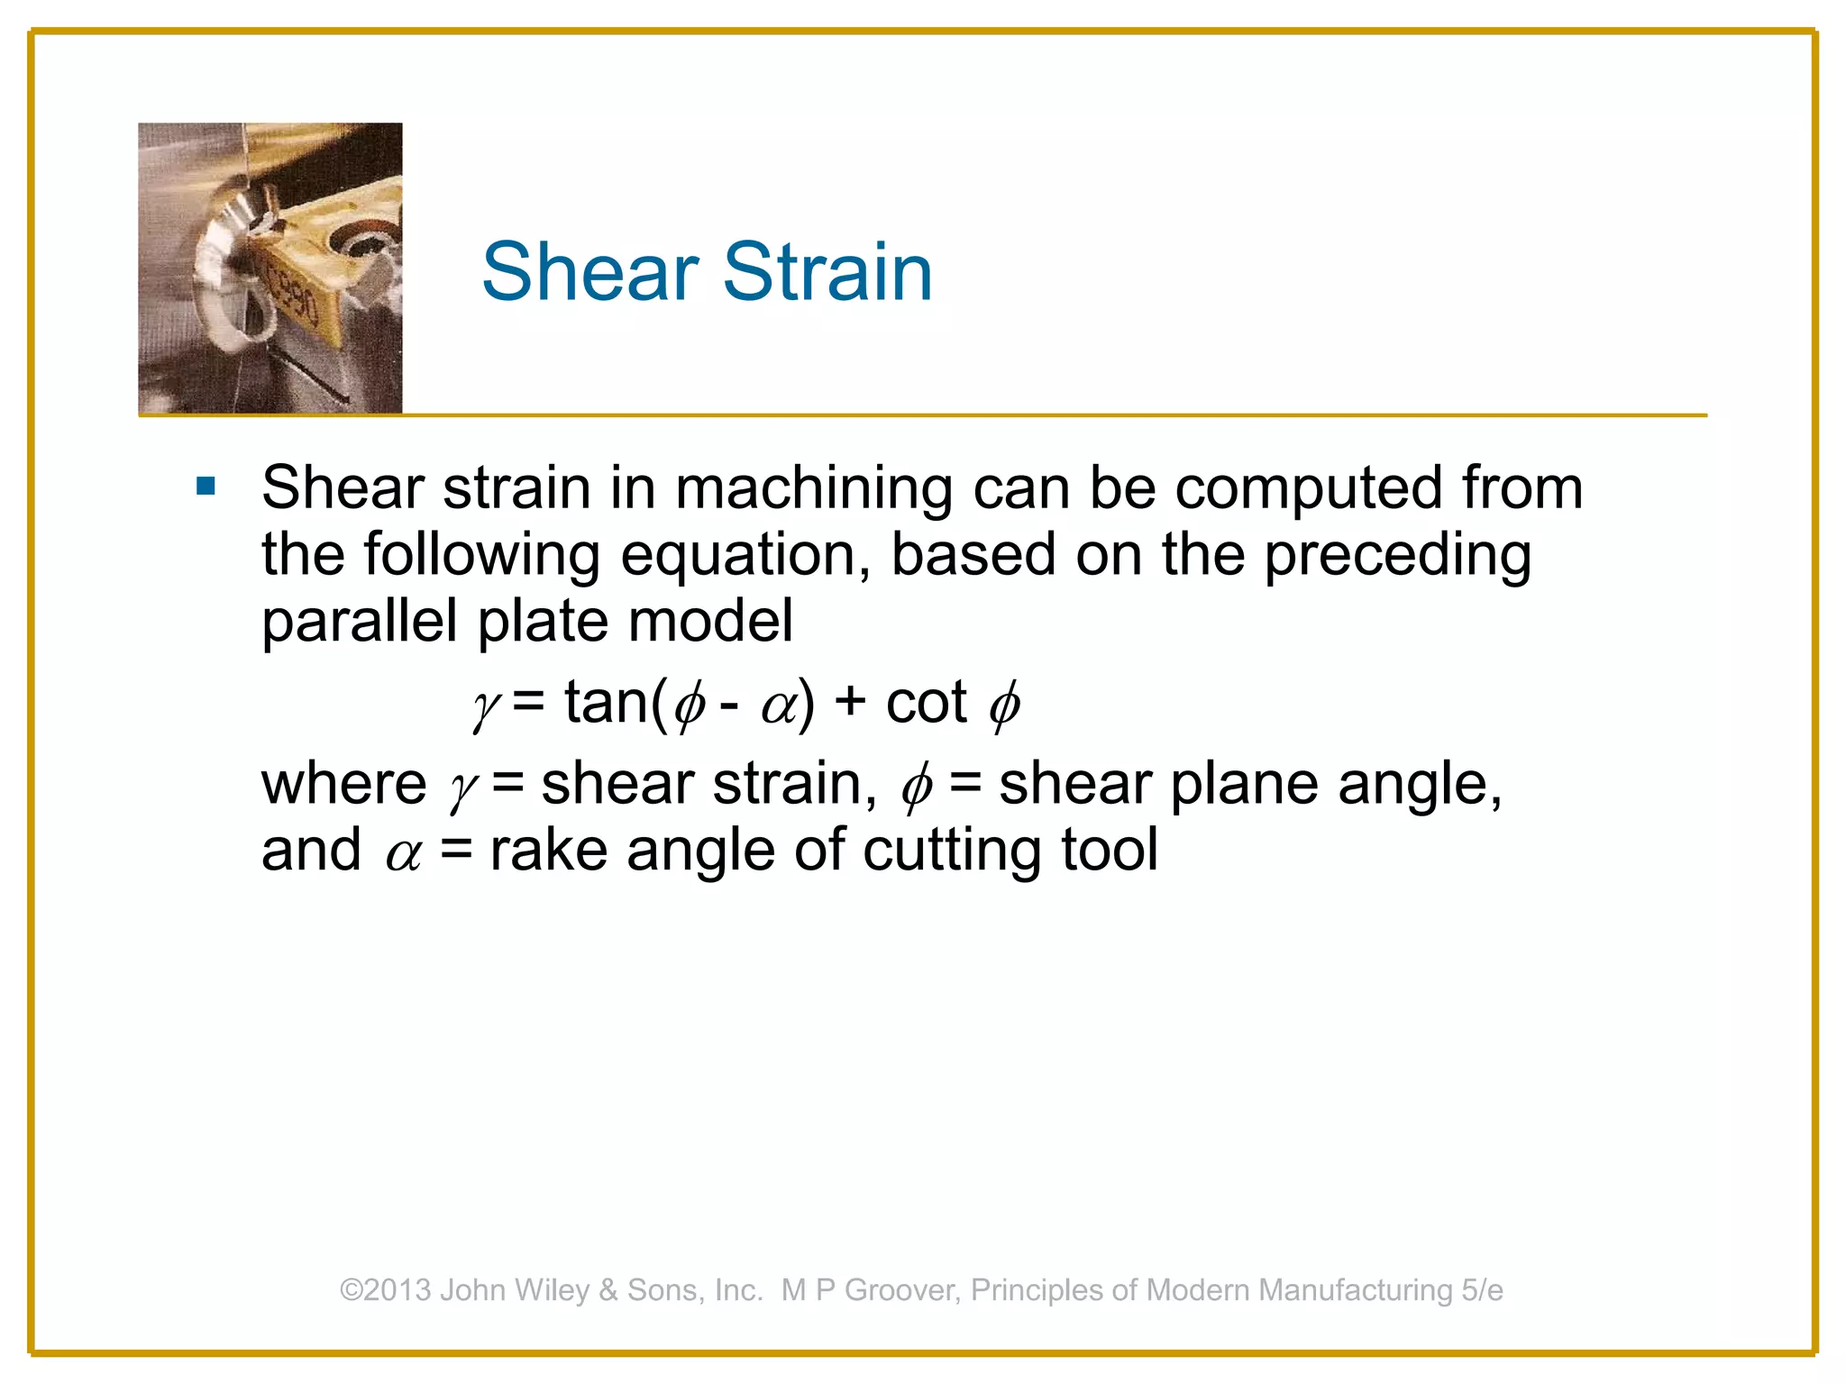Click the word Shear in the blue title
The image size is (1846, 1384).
[590, 271]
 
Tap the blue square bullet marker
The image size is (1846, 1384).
[206, 487]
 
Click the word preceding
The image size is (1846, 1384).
[1397, 555]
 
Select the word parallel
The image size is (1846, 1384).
[359, 621]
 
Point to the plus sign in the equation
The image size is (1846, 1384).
[850, 704]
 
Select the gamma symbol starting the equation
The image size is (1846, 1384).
[486, 707]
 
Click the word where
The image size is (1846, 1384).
[343, 784]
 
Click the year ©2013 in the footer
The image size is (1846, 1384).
[386, 1290]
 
